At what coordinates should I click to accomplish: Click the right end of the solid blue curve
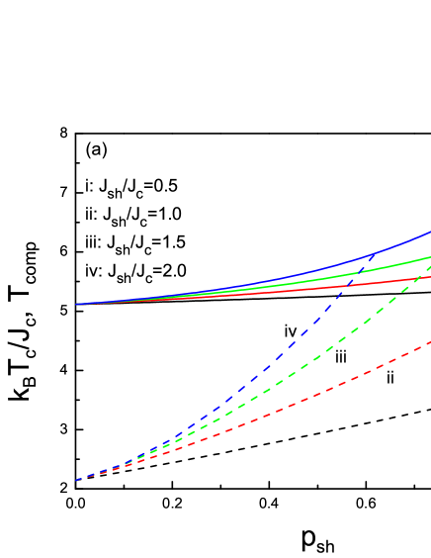(x=430, y=232)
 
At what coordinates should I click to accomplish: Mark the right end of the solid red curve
(x=430, y=277)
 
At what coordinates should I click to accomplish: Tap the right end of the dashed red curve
(x=430, y=342)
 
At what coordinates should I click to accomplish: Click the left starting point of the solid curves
(x=77, y=304)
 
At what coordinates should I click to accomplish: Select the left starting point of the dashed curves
(x=77, y=480)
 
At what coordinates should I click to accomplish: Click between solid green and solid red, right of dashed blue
(x=395, y=273)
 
